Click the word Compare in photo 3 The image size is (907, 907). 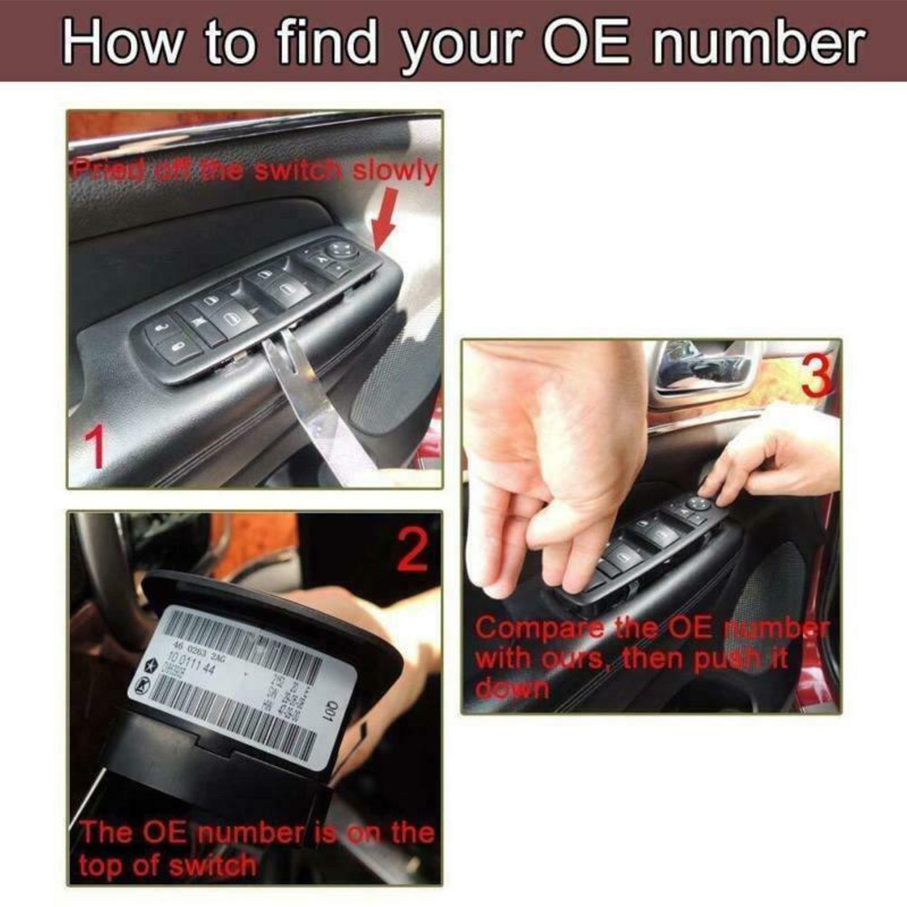pyautogui.click(x=539, y=629)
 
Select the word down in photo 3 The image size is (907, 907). pyautogui.click(x=511, y=689)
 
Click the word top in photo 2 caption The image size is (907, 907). pyautogui.click(x=101, y=866)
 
